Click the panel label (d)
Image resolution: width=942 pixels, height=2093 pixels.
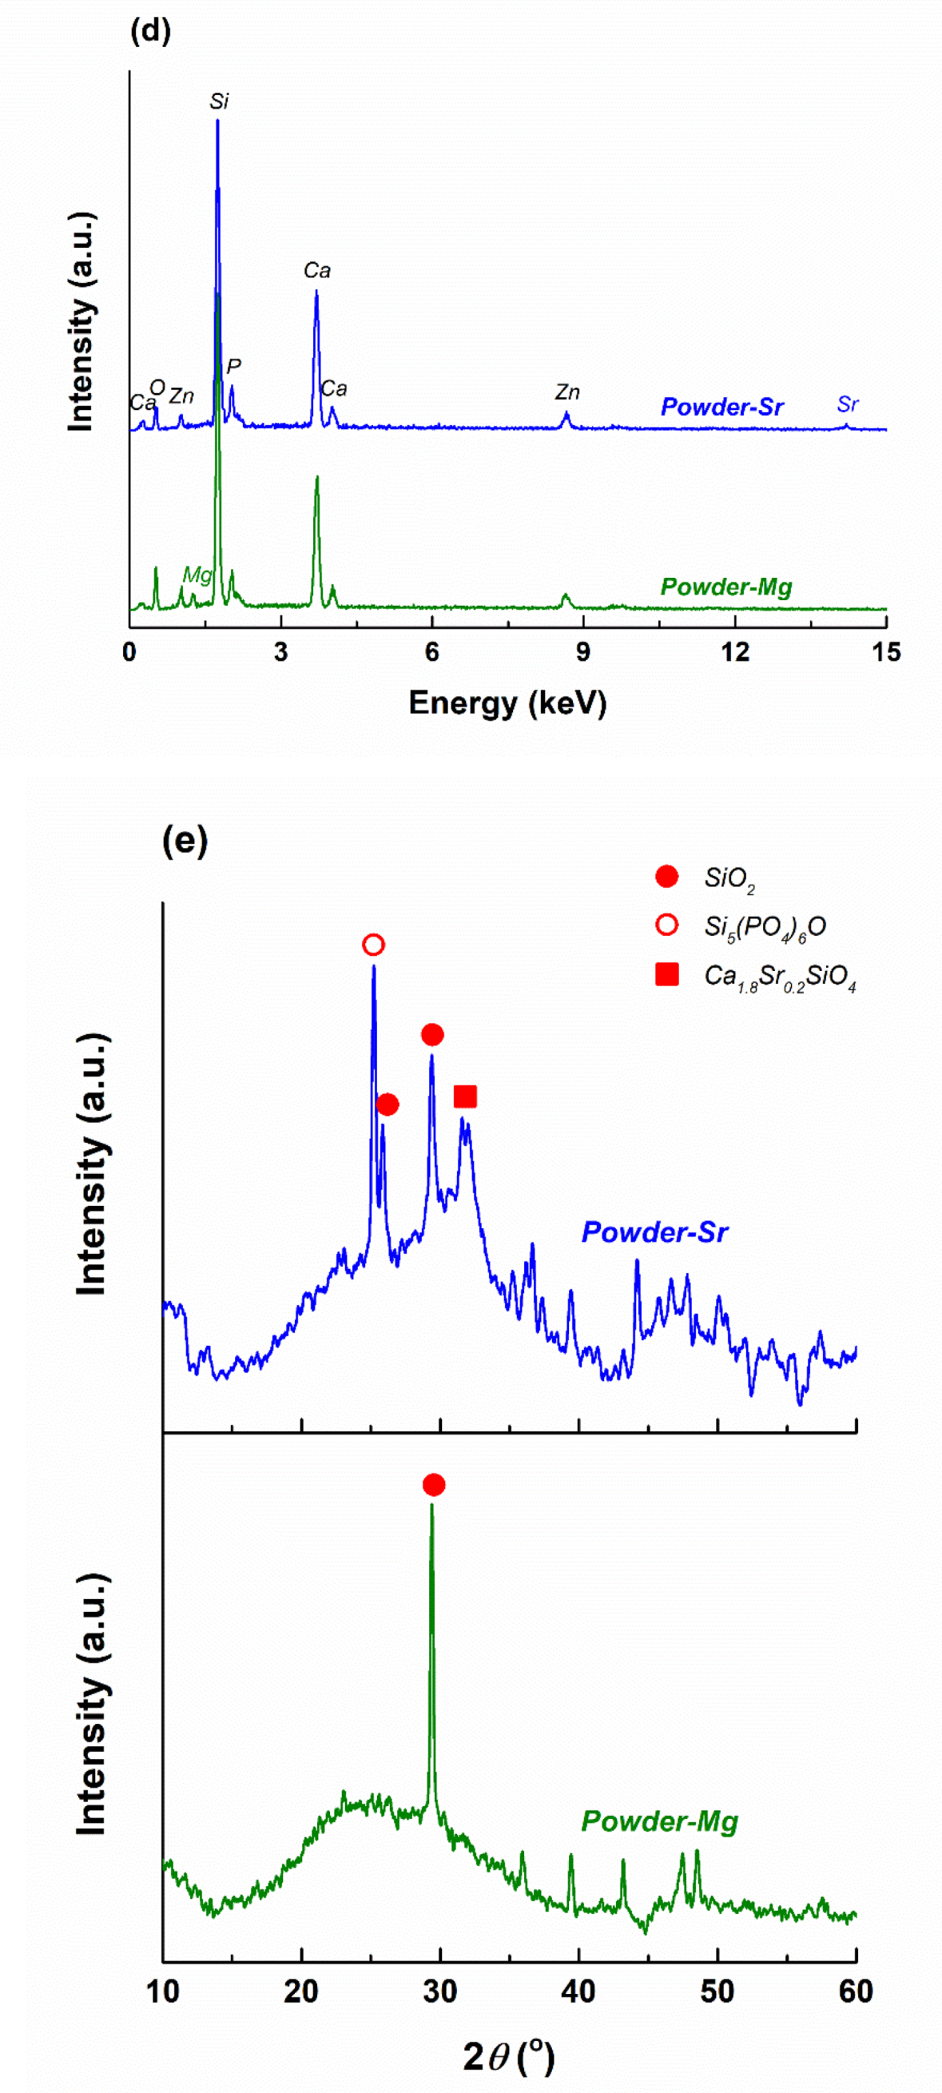tap(150, 32)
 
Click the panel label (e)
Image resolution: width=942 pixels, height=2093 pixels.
tap(185, 840)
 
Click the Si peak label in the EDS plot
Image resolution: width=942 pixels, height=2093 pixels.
tap(218, 101)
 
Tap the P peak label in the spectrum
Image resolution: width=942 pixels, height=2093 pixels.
tap(234, 368)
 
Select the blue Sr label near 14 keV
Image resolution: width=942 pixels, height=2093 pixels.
tap(847, 404)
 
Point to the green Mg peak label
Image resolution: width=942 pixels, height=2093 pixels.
tap(197, 575)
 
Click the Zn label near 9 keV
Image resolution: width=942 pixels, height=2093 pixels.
tap(566, 392)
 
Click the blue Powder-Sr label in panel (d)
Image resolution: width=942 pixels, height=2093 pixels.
tap(721, 407)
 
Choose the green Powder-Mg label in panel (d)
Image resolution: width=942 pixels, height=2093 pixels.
tap(725, 587)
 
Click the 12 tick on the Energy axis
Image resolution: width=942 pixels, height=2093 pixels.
tap(735, 652)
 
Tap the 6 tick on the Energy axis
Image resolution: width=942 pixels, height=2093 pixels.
tap(432, 652)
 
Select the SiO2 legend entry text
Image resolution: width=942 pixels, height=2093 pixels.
tap(729, 878)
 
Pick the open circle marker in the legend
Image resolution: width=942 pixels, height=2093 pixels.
tap(666, 925)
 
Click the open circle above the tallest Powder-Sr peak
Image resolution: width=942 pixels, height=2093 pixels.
tap(373, 945)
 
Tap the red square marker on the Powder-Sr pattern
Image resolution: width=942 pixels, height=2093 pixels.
tap(464, 1097)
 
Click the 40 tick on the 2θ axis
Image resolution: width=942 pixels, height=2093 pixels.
tap(579, 1992)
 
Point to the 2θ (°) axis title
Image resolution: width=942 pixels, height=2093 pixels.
tap(508, 2057)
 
